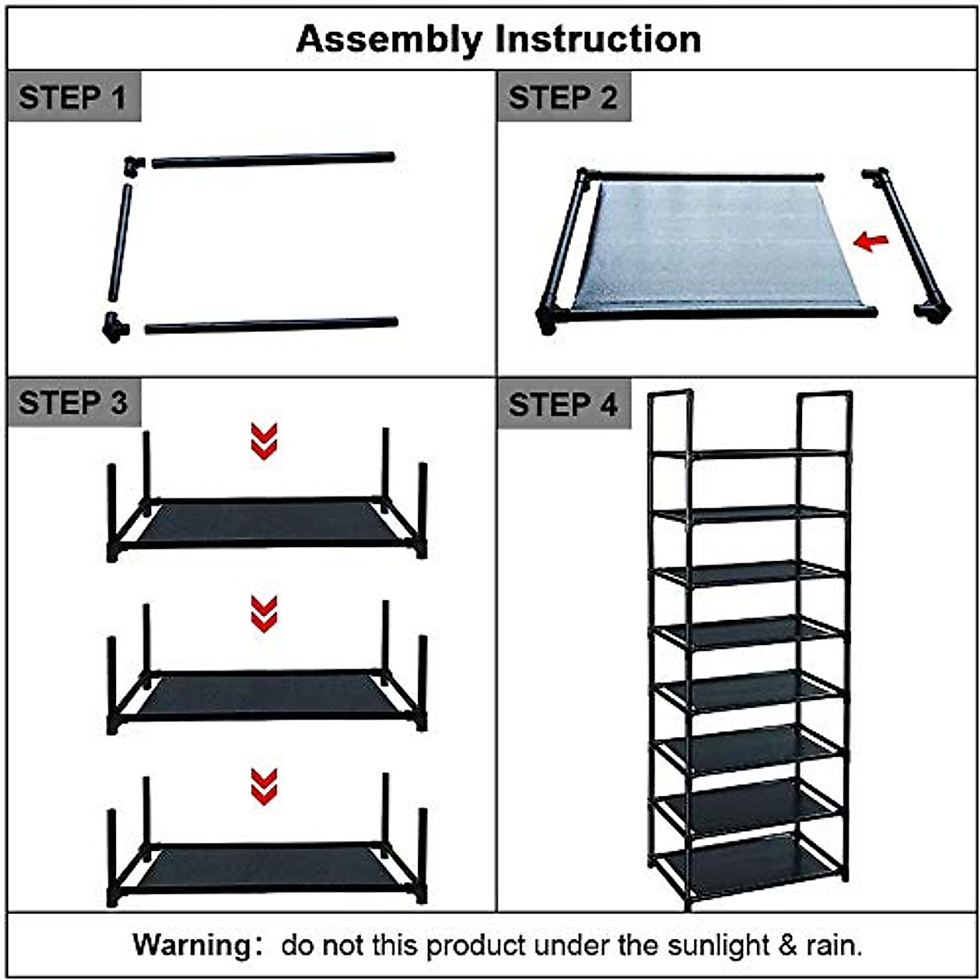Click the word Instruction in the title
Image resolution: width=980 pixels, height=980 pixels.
[599, 38]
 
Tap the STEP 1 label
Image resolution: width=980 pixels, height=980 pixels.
[73, 97]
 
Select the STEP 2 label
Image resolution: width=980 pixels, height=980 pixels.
[563, 97]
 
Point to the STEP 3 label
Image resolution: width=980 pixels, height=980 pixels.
[73, 403]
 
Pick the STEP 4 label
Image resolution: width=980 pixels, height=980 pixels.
[563, 404]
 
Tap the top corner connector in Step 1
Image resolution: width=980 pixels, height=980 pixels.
[133, 164]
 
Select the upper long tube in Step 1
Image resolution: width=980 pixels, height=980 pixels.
[274, 160]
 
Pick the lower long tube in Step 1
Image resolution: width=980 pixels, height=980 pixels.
[271, 326]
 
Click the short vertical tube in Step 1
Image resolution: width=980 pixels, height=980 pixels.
[121, 243]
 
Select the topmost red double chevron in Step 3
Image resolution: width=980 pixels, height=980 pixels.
[264, 441]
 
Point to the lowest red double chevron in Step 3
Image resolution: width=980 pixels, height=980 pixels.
[264, 786]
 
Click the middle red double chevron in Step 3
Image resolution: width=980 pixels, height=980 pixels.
[264, 614]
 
